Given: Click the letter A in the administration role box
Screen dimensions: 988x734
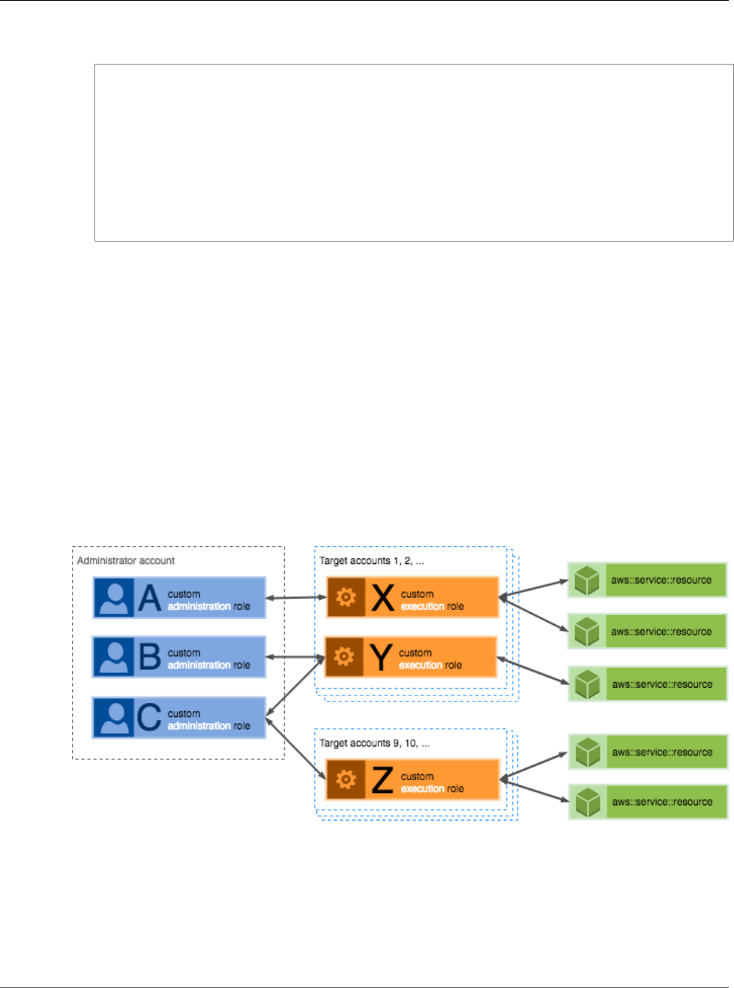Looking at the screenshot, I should click(150, 598).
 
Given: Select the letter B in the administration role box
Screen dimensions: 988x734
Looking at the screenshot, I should click(150, 657).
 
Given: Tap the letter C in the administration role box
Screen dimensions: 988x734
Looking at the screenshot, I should click(149, 717).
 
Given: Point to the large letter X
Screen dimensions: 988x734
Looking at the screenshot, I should click(383, 598).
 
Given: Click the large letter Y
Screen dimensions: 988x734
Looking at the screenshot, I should click(382, 657).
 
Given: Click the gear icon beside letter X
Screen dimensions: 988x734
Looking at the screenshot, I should click(346, 597).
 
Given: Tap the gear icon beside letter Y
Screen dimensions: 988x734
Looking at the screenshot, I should click(344, 657).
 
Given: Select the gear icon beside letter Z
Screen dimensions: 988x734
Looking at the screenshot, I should click(346, 780).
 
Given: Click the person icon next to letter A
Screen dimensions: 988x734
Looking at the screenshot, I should click(114, 598).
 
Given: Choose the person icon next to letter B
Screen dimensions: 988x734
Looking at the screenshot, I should click(114, 657).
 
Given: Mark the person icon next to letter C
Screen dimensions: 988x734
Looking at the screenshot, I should click(114, 717).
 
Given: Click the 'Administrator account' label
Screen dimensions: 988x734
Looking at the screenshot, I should click(126, 560).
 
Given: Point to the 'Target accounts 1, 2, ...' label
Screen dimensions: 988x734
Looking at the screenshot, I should click(372, 560).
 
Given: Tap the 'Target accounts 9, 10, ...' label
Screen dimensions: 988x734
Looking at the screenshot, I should click(375, 743).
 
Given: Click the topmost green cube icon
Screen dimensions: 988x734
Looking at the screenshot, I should click(587, 580).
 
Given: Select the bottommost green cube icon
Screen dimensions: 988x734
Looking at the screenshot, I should click(587, 802).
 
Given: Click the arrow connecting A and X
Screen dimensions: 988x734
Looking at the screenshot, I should click(297, 598).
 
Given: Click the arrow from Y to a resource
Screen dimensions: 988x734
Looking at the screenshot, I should click(533, 671).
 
